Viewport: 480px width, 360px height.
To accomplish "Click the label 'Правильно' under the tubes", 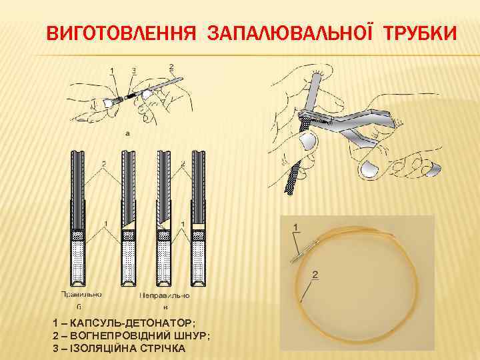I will [81, 294].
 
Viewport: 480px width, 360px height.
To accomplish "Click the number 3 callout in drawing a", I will [134, 70].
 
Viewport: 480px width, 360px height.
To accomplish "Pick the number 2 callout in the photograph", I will [315, 274].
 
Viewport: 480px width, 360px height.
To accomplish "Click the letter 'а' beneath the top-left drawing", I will [127, 133].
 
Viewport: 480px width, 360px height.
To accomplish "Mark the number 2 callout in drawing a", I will [171, 66].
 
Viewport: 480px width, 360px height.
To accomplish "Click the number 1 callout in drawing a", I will [111, 70].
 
